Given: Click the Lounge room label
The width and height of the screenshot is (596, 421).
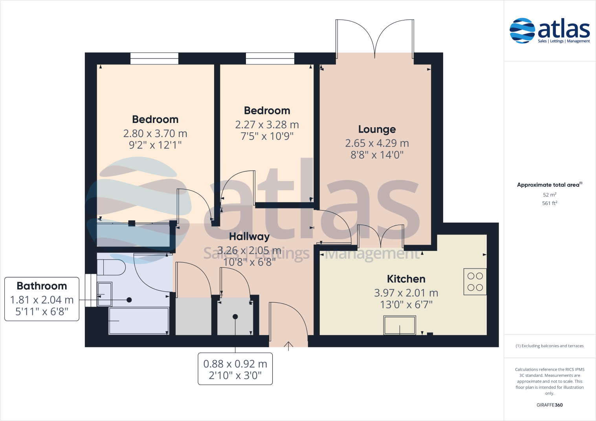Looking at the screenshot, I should tap(377, 129).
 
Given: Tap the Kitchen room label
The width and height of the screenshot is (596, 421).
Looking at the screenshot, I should tap(406, 279).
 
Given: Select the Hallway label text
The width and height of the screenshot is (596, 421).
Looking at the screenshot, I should tap(249, 236).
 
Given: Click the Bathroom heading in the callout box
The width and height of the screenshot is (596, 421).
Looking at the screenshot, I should tap(42, 286).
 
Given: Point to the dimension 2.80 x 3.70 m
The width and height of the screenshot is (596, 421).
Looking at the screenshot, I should tap(155, 134).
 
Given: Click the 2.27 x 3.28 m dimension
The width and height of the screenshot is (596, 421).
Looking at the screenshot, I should tap(267, 124).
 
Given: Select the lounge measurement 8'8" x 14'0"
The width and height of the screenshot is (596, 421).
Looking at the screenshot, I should tap(377, 155).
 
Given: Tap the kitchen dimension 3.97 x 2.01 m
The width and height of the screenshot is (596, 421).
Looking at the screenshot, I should tap(406, 293).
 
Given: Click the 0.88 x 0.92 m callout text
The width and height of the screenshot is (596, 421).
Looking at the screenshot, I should tap(235, 364).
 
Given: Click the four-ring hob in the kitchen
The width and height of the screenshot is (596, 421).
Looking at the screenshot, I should tap(475, 282).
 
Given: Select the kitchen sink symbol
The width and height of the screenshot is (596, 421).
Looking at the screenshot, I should tap(400, 326).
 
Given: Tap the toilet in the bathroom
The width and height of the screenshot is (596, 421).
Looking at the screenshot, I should tap(111, 267).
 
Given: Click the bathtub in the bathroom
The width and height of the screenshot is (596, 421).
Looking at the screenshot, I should tap(139, 321).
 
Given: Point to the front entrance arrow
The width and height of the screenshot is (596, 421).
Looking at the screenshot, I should tap(288, 346).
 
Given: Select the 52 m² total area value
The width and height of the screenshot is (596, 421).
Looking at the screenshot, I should tap(549, 195).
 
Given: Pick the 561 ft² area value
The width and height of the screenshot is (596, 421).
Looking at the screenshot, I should tap(549, 203).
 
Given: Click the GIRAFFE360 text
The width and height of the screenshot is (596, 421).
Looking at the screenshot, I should tap(549, 405).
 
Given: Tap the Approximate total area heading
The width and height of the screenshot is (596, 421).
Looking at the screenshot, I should tap(549, 185).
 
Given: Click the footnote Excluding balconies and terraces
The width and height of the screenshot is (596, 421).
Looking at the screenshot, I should tap(549, 346).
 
